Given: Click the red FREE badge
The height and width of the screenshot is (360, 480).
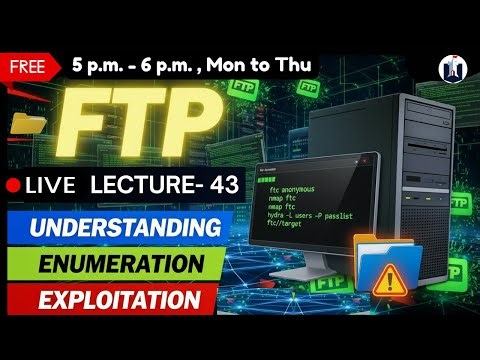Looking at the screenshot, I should click(33, 67).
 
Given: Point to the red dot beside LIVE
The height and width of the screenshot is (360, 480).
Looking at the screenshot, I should click(14, 185).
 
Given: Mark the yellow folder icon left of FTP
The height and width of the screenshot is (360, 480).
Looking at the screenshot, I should click(27, 125).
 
